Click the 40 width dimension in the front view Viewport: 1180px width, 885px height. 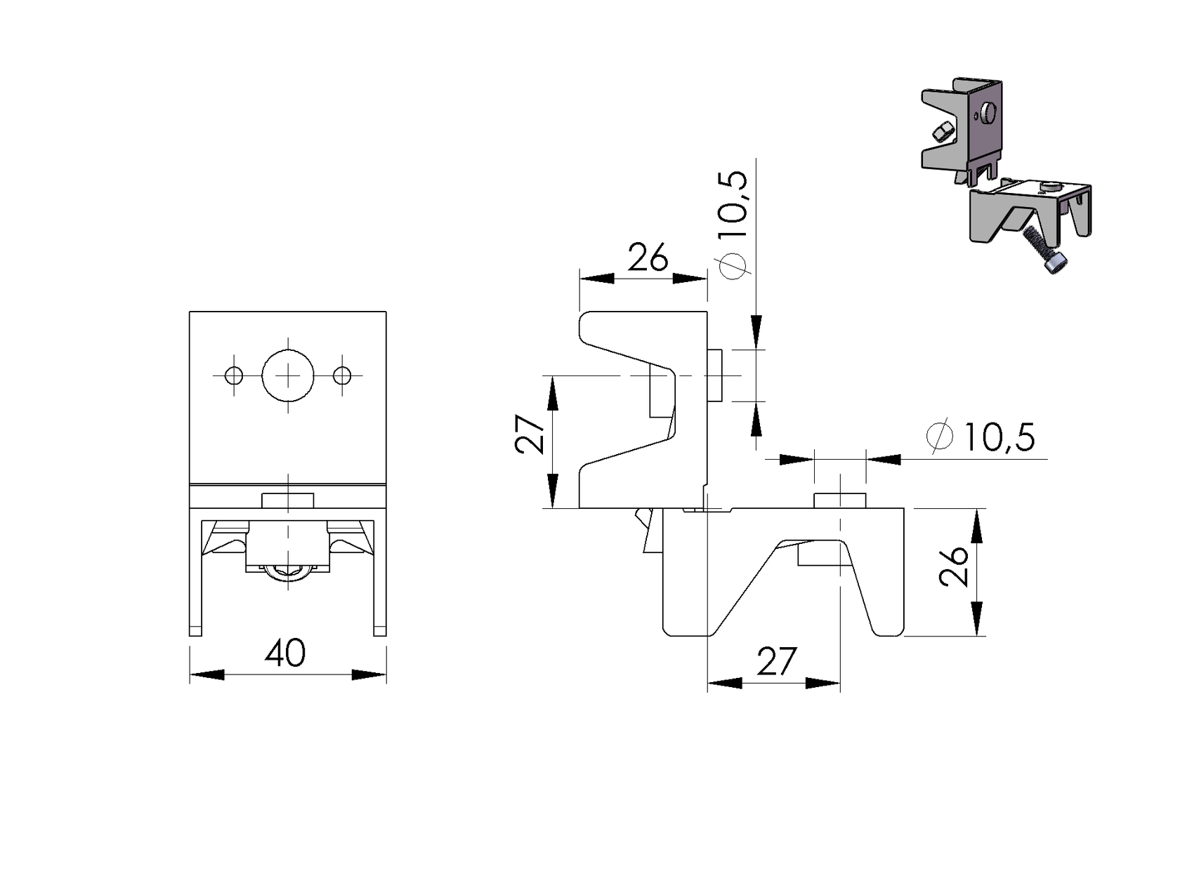pyautogui.click(x=285, y=653)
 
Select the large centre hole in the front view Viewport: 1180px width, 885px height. pyautogui.click(x=288, y=375)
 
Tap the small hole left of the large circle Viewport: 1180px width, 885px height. pyautogui.click(x=234, y=375)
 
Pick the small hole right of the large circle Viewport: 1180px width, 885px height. pyautogui.click(x=342, y=375)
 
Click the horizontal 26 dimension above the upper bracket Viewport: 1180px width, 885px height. pyautogui.click(x=648, y=257)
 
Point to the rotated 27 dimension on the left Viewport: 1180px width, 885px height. pyautogui.click(x=530, y=434)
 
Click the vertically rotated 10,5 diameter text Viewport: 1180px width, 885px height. pyautogui.click(x=732, y=204)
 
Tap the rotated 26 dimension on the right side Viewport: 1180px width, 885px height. pyautogui.click(x=952, y=566)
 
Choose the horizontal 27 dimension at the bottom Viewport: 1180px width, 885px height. pyautogui.click(x=776, y=662)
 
